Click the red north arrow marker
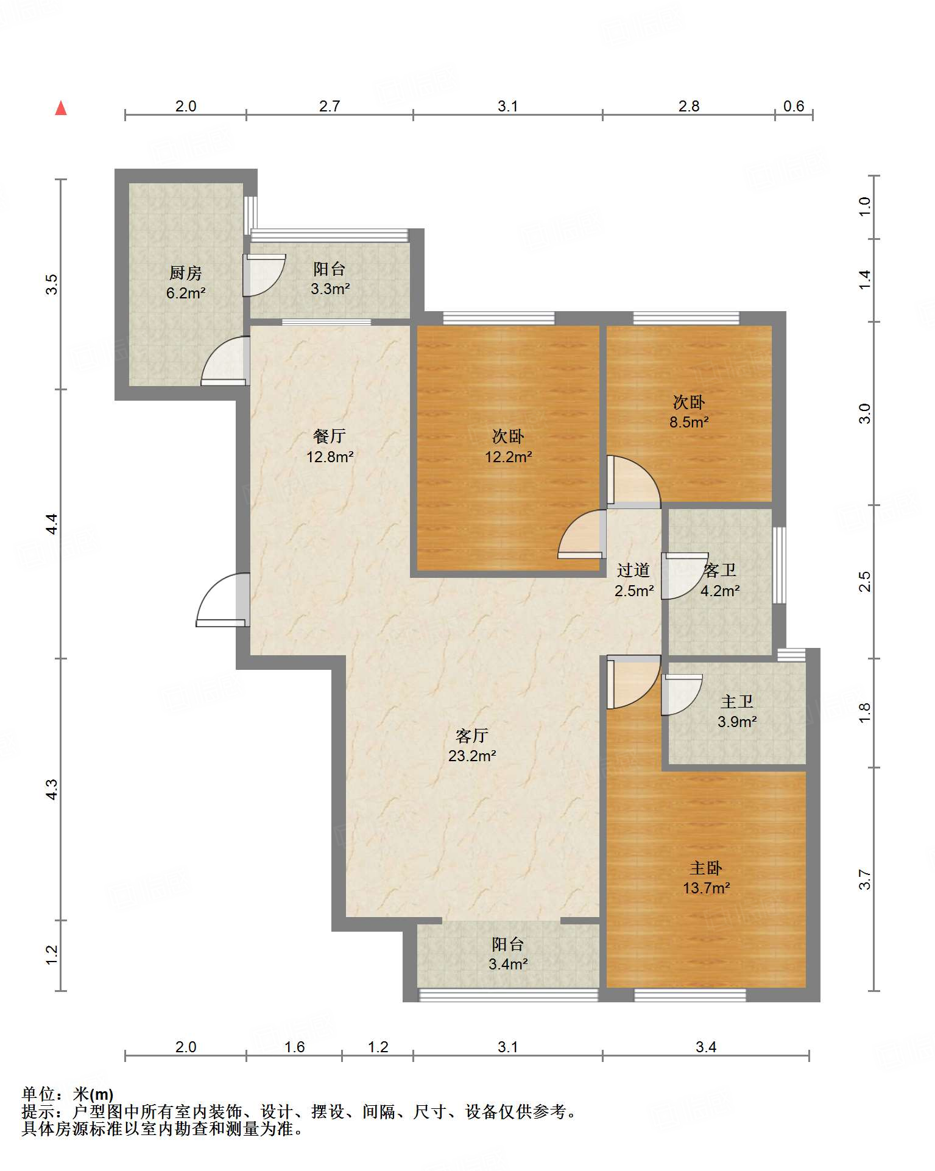point(61,108)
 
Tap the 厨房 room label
point(186,273)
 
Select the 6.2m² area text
point(186,293)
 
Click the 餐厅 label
point(330,436)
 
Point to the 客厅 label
point(472,736)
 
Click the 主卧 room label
point(706,868)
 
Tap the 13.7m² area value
point(706,888)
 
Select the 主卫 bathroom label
point(737,702)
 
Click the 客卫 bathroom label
point(720,570)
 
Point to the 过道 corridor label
point(633,570)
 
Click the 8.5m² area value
point(689,422)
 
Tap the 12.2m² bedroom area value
point(508,456)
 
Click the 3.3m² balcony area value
point(330,289)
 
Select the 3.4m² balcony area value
point(508,964)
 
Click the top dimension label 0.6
point(794,106)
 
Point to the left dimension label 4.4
point(52,524)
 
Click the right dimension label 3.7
point(864,879)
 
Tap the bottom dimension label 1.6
point(294,1046)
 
